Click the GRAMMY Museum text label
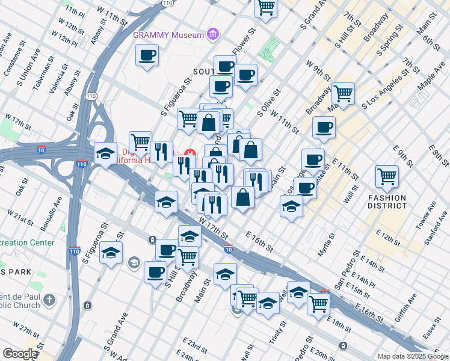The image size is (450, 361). [168, 35]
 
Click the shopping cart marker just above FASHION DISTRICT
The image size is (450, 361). [386, 176]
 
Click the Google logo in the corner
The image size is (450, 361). [19, 354]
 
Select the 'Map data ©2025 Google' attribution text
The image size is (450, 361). [412, 356]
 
